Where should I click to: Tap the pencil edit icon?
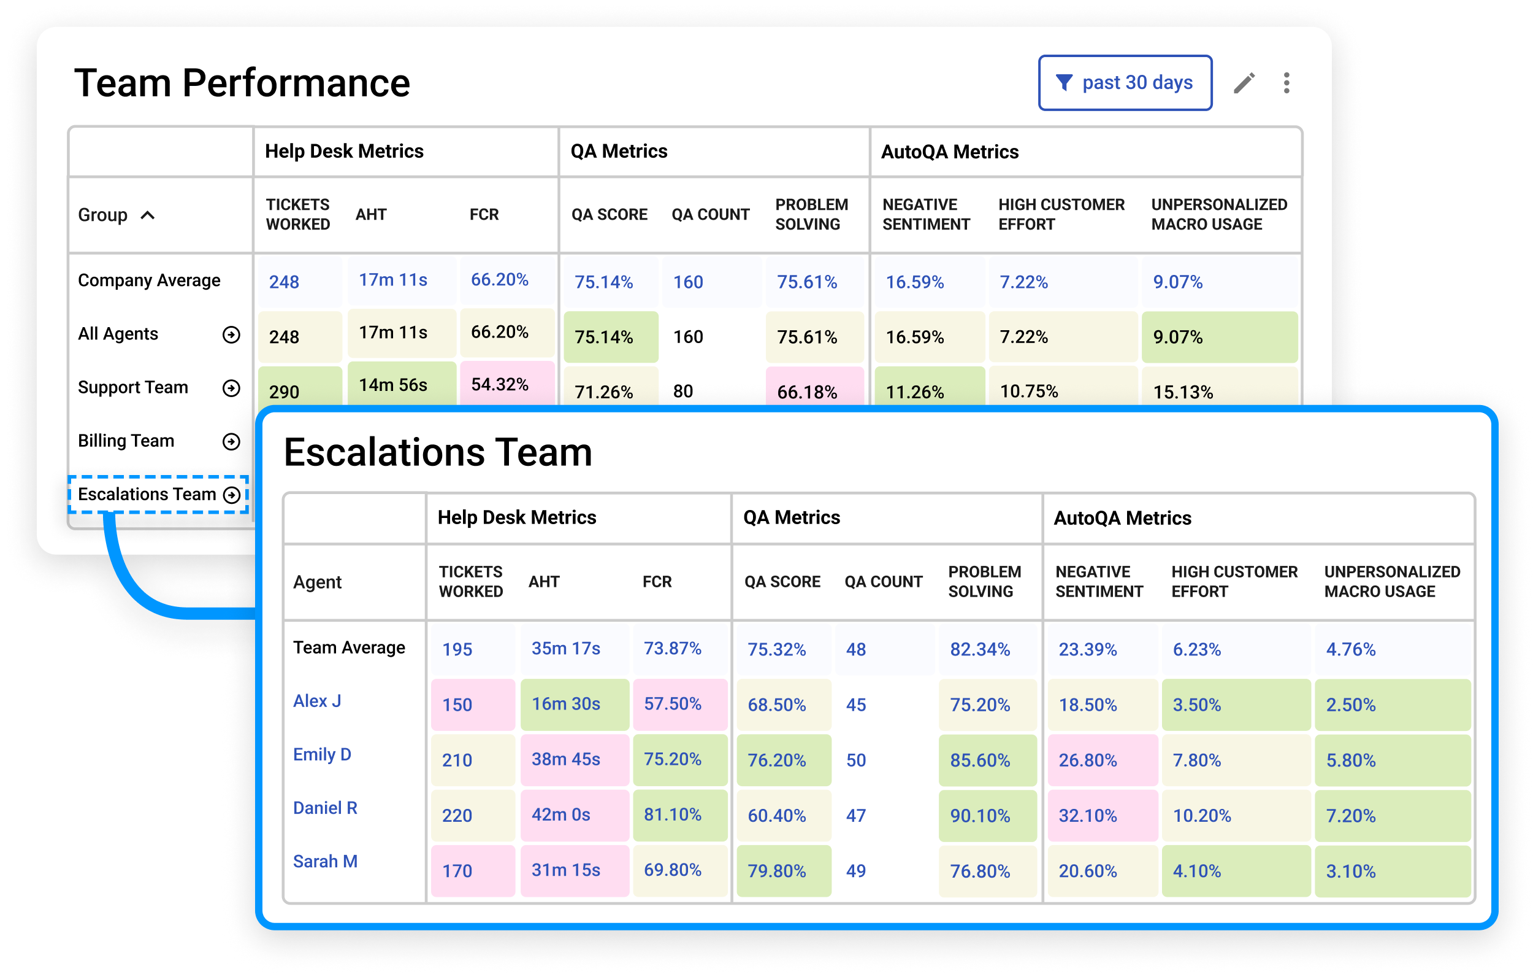click(x=1244, y=83)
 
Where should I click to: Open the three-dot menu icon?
click(x=1286, y=83)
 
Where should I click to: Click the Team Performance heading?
click(x=242, y=83)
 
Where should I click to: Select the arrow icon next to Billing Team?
click(x=231, y=441)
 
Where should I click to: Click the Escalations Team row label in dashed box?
click(x=148, y=494)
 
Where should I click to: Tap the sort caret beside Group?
click(x=148, y=215)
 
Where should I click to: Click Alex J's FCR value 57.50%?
click(x=672, y=704)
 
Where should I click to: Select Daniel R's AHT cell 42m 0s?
click(x=561, y=815)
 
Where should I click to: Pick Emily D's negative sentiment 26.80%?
click(x=1087, y=760)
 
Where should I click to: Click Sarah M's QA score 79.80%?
click(x=777, y=871)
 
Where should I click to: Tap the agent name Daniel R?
click(x=324, y=808)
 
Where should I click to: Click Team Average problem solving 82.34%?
click(x=980, y=649)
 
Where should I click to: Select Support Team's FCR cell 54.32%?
click(x=500, y=384)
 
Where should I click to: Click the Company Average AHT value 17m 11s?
click(x=393, y=280)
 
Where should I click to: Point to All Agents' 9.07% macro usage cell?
click(x=1178, y=337)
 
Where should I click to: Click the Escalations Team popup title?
click(x=438, y=452)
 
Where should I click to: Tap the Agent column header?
click(x=317, y=582)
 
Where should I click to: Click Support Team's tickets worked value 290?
click(x=284, y=391)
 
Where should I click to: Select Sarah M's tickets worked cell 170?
click(x=457, y=871)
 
